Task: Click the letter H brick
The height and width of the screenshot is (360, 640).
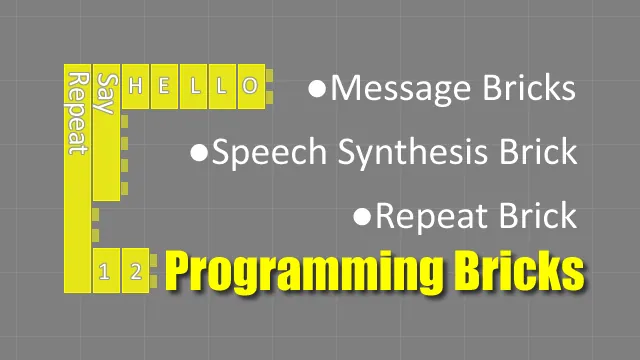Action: [x=138, y=86]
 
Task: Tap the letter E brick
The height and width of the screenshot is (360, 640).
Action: [x=166, y=86]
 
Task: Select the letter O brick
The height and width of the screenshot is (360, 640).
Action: [x=250, y=86]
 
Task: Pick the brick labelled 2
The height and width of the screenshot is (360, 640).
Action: [x=136, y=271]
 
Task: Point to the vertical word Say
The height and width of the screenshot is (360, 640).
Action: [x=108, y=95]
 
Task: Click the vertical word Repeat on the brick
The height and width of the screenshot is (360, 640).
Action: [x=76, y=112]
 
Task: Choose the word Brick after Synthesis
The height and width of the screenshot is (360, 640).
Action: [x=539, y=153]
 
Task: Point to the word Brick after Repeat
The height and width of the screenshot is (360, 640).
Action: [x=539, y=216]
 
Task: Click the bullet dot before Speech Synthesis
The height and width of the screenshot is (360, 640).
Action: [x=199, y=153]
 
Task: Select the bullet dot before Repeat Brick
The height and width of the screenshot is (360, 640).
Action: [x=363, y=216]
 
